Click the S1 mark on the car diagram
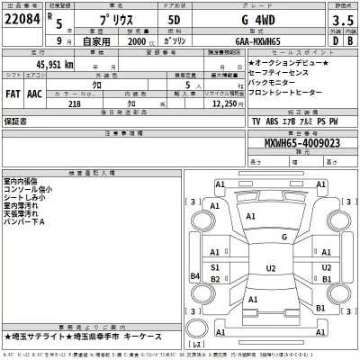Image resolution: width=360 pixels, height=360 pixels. pos(215,267)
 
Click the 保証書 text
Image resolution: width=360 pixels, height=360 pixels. pos(17,120)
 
